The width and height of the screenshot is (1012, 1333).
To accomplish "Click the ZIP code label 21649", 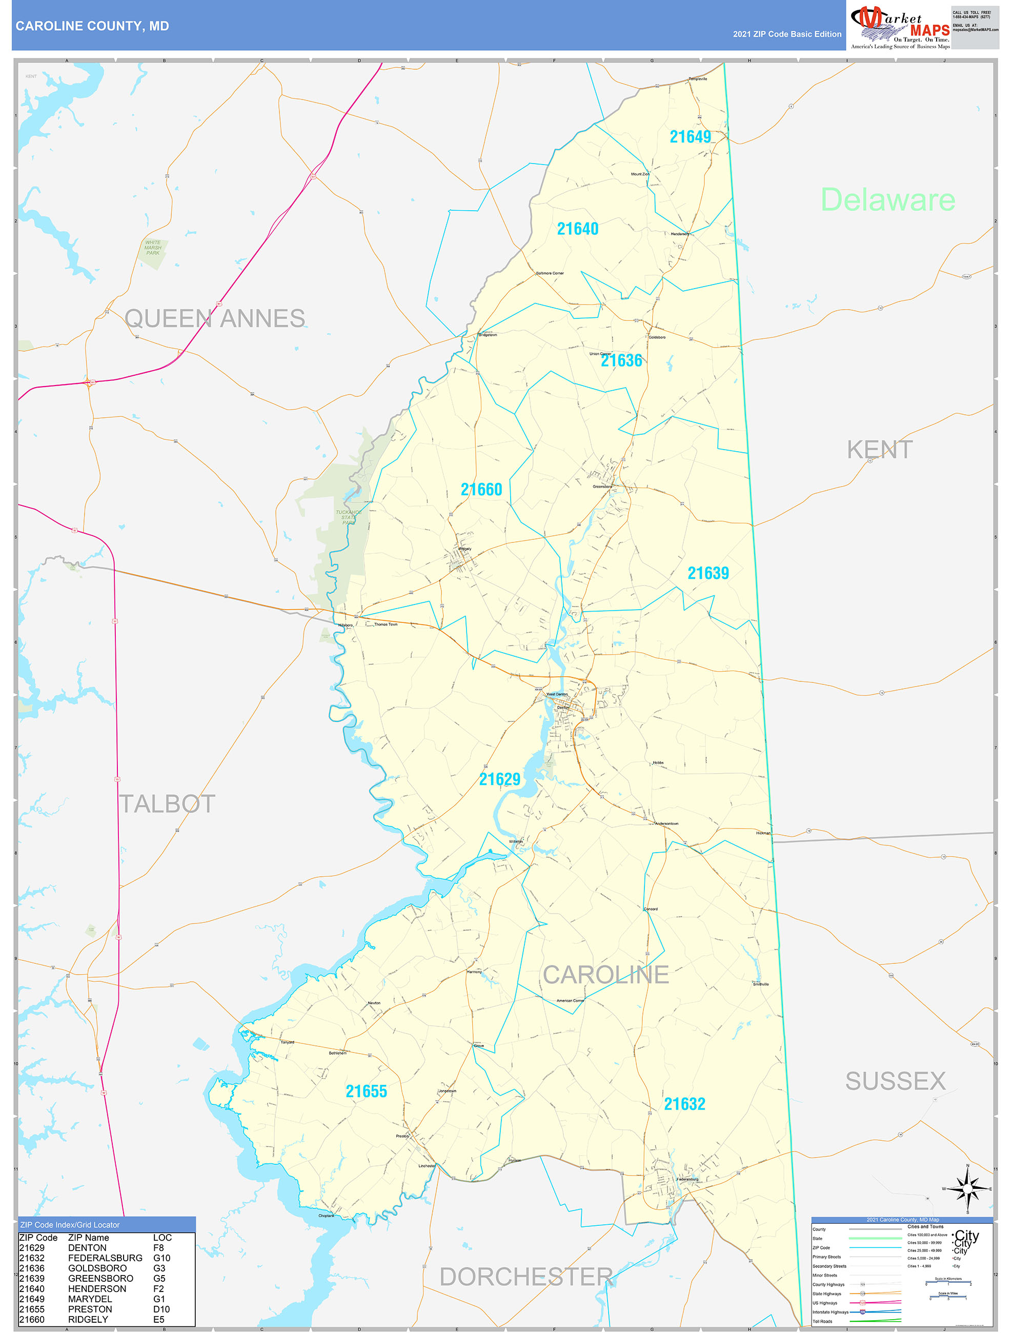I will tap(690, 137).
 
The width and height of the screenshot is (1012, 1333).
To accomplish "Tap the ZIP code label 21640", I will tap(577, 229).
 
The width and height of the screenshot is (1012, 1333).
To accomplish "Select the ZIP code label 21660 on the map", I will tap(481, 489).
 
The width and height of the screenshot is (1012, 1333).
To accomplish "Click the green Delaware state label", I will tap(887, 199).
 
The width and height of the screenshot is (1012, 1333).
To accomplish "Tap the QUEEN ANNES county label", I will tap(215, 318).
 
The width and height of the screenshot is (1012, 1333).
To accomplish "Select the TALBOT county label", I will tap(167, 804).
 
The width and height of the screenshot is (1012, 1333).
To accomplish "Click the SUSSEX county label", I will tap(895, 1081).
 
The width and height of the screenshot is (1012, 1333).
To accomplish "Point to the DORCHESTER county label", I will tap(525, 1277).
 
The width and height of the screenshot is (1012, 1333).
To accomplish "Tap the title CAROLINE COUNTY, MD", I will tap(92, 26).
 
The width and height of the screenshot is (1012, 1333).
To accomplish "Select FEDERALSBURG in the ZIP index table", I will tap(105, 1258).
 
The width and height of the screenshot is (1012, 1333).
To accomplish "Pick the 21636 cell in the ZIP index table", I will tap(32, 1268).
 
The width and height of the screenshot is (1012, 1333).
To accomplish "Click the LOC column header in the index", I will tap(162, 1237).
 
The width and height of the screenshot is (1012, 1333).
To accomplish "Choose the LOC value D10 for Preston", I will tap(161, 1309).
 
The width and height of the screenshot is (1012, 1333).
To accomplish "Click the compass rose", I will tap(967, 1189).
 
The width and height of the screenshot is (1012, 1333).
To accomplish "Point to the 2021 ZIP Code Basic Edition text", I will tap(786, 34).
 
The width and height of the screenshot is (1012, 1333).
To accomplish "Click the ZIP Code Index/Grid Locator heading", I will tap(70, 1224).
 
